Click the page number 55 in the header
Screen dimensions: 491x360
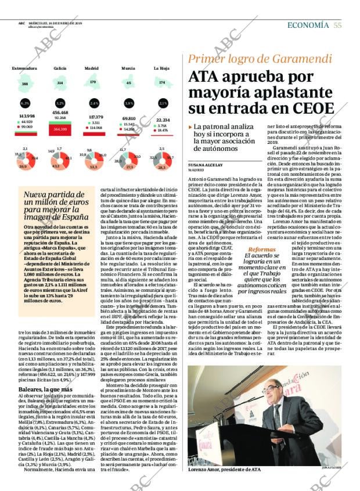(x=337, y=24)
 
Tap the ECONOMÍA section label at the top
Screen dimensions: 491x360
(x=308, y=24)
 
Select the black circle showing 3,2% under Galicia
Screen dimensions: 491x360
(x=59, y=103)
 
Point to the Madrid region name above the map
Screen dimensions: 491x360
(x=91, y=68)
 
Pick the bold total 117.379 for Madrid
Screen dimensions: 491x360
(x=95, y=117)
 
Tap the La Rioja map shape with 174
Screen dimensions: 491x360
(x=162, y=82)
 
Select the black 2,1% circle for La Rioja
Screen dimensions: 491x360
(x=163, y=103)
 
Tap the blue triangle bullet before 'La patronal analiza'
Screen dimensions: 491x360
(x=190, y=127)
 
